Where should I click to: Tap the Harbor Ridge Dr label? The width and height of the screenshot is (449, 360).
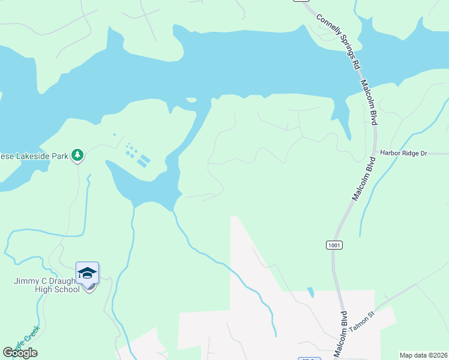[x=403, y=154]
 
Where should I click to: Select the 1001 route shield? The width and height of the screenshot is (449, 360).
[x=334, y=245]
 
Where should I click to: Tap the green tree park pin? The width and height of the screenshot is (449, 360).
[x=77, y=156]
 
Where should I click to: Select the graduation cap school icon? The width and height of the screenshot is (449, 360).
[x=87, y=274]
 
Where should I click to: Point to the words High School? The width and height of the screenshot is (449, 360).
[x=58, y=290]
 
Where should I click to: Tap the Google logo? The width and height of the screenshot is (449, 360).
[x=20, y=353]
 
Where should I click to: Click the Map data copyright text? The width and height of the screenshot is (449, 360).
[x=424, y=355]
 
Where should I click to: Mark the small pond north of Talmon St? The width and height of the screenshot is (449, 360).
[x=310, y=293]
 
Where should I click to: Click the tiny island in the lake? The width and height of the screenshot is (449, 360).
[x=191, y=100]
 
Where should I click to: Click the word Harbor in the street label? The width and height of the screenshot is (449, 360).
[x=388, y=154]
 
